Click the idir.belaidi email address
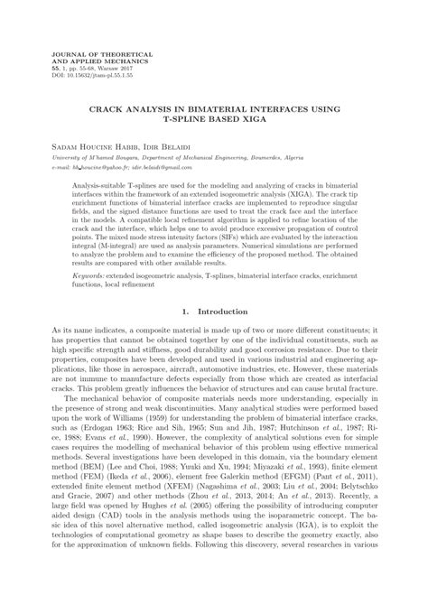click(x=161, y=166)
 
